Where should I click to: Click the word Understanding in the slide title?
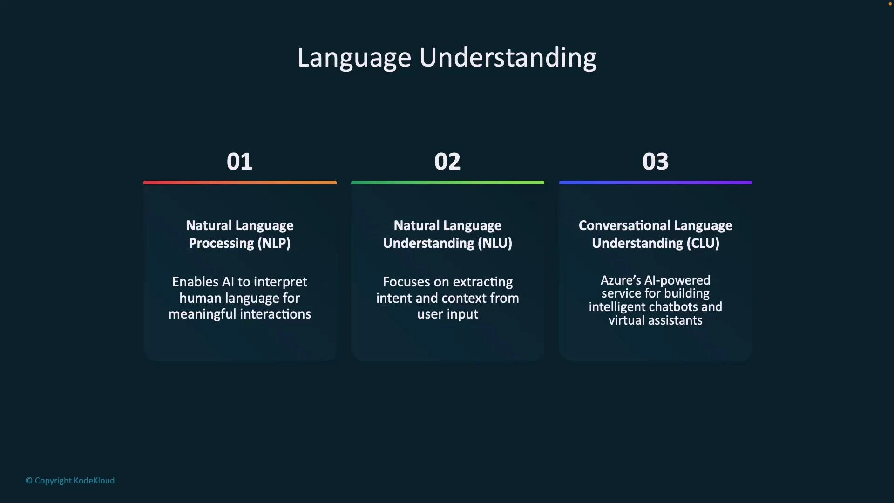point(508,58)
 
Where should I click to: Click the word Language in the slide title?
point(354,58)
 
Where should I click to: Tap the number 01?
point(239,162)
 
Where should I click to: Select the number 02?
point(447,162)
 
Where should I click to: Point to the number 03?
point(655,162)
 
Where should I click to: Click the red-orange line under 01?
point(240,183)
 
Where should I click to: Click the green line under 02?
point(447,183)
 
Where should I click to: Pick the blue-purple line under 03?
point(656,183)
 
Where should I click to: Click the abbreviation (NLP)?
point(274,243)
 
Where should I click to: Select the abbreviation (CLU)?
point(703,243)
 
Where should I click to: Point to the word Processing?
point(221,243)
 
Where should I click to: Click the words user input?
point(447,314)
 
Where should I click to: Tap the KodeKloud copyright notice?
point(70,480)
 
